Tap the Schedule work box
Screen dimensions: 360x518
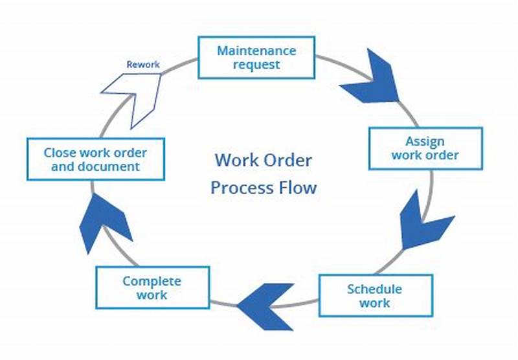[374, 296]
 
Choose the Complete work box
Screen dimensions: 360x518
[152, 287]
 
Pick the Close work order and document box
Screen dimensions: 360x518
[95, 159]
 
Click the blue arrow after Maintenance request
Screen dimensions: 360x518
[370, 78]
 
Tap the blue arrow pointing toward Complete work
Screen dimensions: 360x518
[266, 304]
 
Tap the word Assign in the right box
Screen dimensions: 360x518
[425, 141]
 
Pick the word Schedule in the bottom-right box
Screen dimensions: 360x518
[374, 289]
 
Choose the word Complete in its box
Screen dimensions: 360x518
[152, 281]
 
